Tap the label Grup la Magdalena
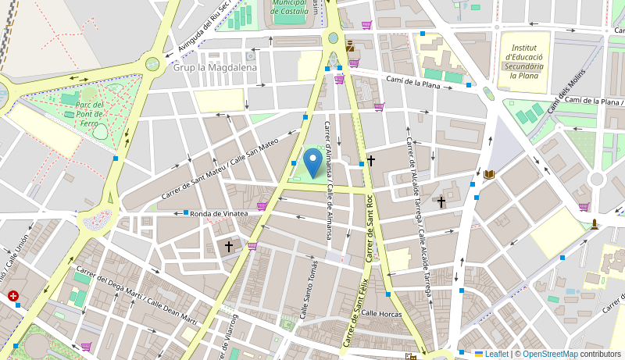tap(215, 68)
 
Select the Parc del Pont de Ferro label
tap(91, 114)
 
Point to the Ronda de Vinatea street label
tap(219, 213)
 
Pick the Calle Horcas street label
tap(380, 313)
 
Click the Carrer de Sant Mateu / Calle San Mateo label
tap(220, 168)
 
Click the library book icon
tap(490, 174)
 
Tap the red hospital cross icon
tap(13, 296)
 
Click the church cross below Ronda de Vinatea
tap(229, 246)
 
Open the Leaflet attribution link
tap(496, 354)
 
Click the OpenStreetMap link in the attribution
tap(550, 354)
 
